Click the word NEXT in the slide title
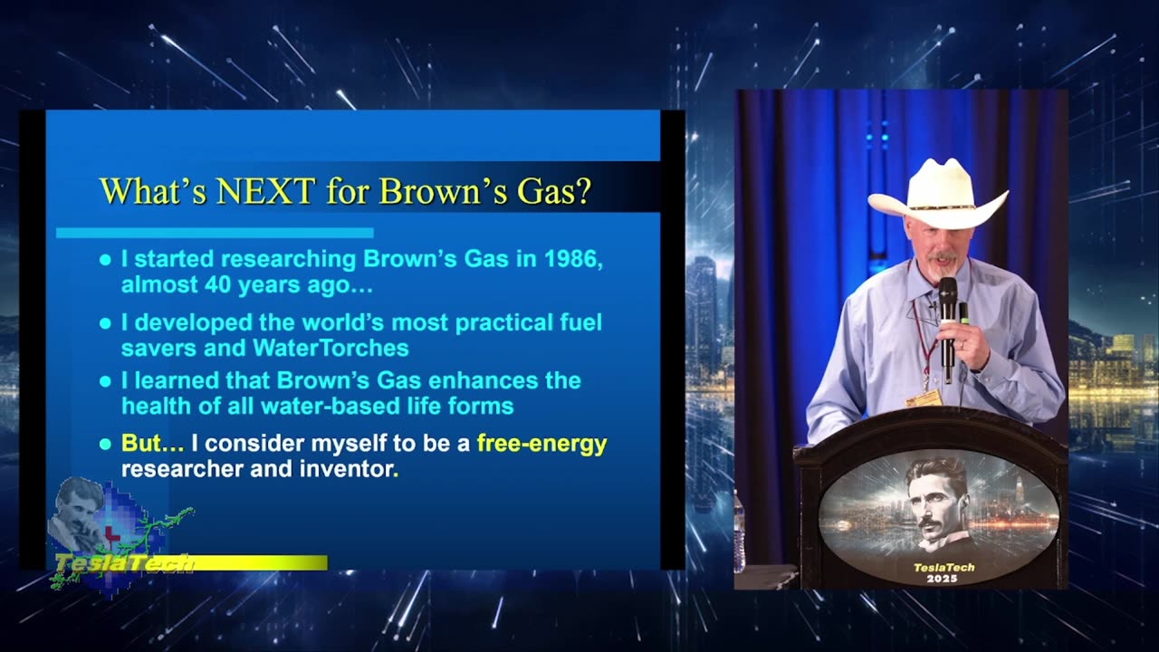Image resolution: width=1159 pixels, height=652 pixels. [x=266, y=190]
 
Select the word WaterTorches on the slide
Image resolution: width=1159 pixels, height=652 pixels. [x=330, y=348]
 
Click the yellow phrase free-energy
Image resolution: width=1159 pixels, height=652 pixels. [x=541, y=444]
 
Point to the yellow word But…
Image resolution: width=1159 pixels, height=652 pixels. [x=152, y=443]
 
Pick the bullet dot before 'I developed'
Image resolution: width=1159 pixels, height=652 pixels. [x=105, y=323]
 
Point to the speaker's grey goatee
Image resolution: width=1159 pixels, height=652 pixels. [x=943, y=267]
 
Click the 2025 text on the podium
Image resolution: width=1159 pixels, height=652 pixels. [x=942, y=579]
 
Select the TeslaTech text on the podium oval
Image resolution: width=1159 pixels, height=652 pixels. [x=943, y=567]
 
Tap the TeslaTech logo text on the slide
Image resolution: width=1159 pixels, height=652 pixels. [x=124, y=563]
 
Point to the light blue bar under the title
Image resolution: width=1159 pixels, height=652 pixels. [x=215, y=233]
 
